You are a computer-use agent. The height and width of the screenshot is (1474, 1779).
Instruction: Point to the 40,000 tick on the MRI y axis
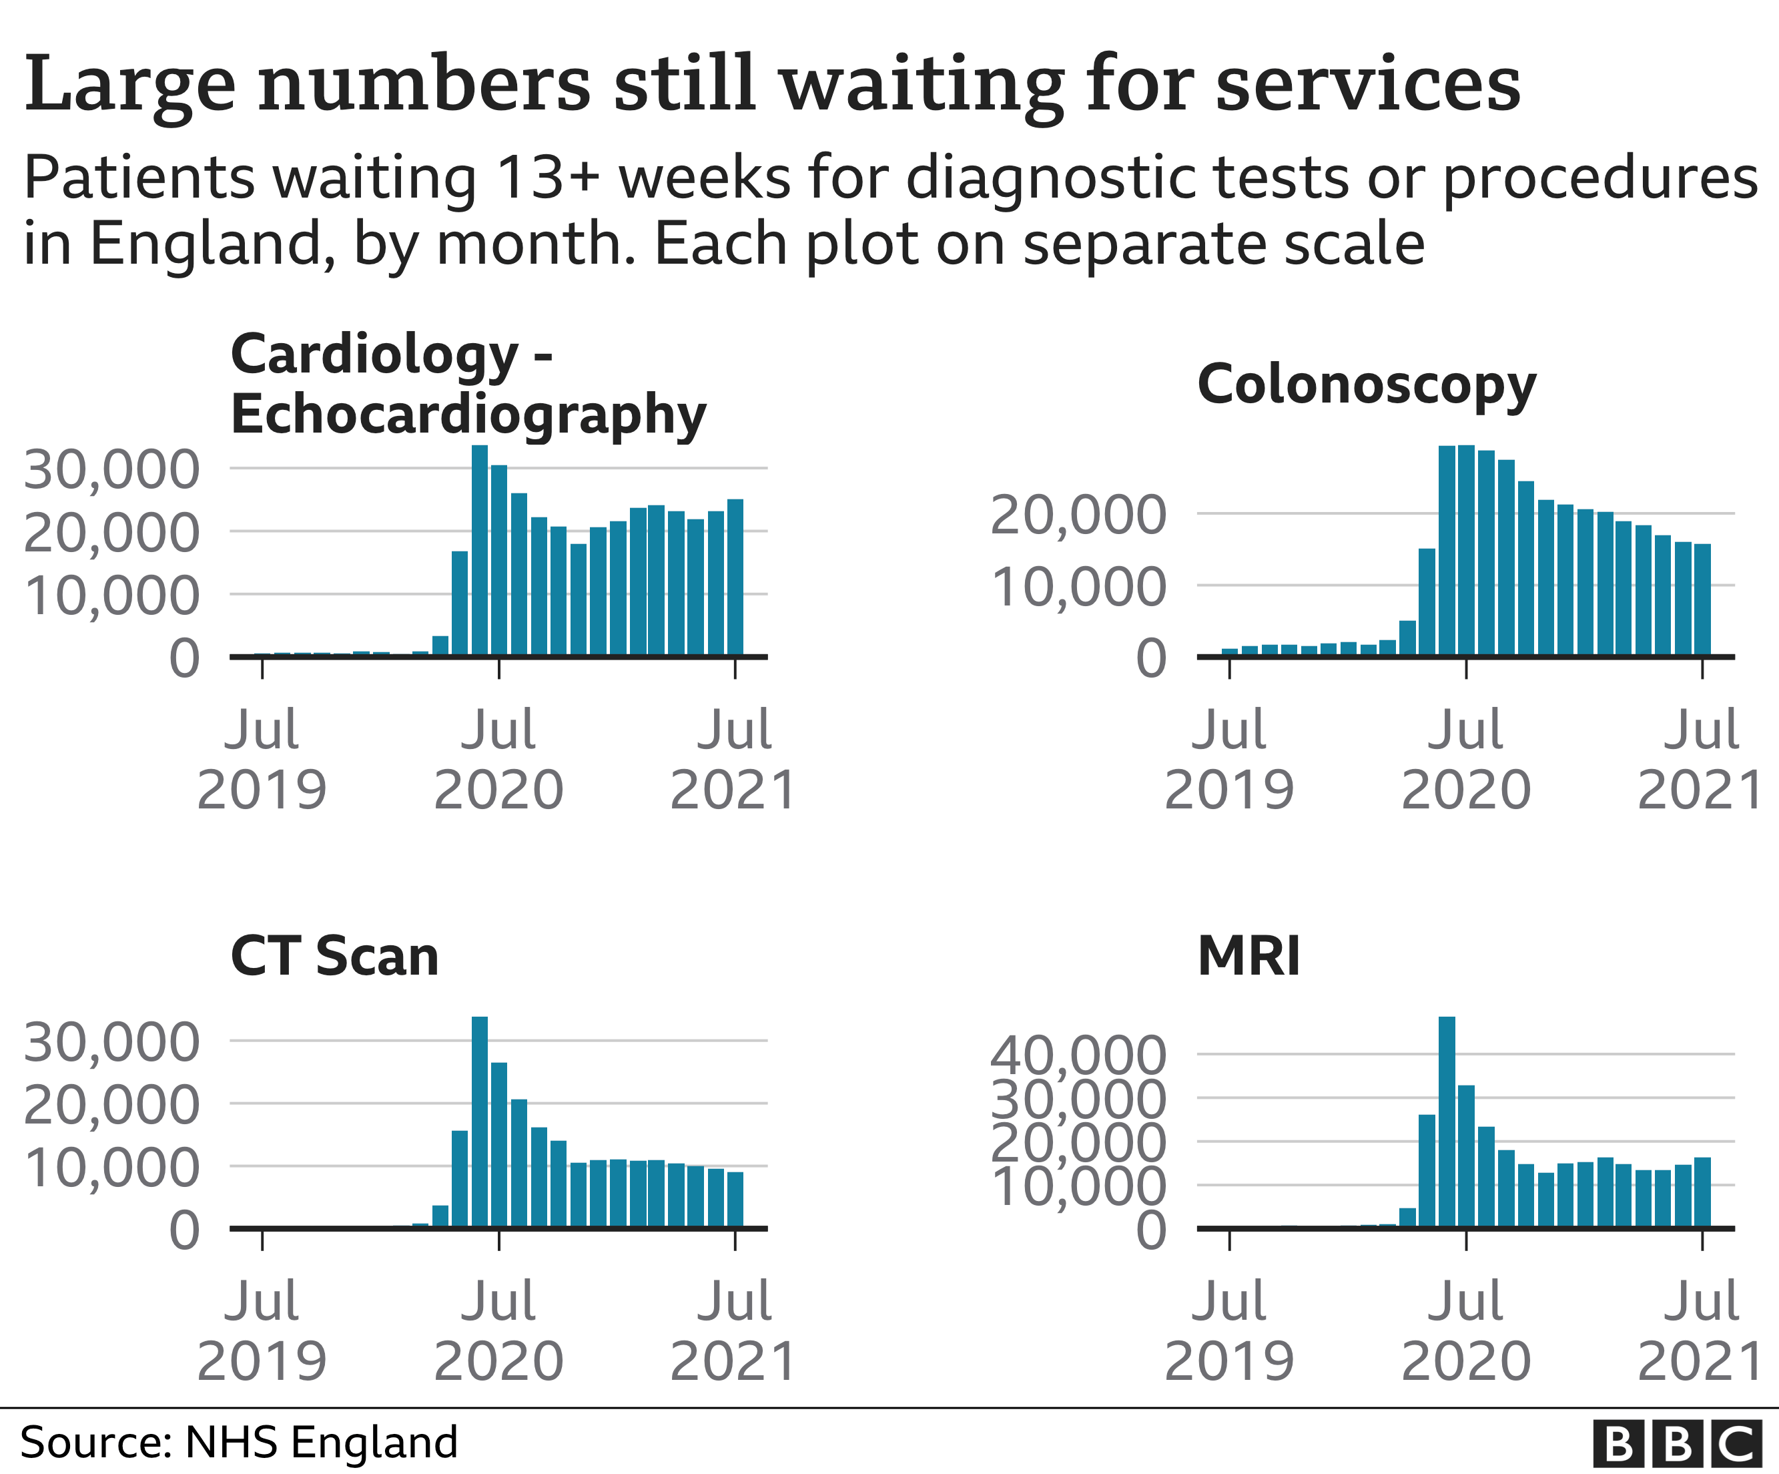pyautogui.click(x=1078, y=1055)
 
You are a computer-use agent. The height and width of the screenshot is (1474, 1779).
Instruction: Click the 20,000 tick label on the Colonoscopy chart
pyautogui.click(x=1078, y=515)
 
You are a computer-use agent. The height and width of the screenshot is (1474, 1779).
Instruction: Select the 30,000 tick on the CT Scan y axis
pyautogui.click(x=111, y=1041)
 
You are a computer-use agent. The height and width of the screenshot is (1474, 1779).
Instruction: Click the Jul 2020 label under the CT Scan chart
pyautogui.click(x=498, y=1330)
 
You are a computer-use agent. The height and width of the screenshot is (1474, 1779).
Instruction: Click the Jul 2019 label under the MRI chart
pyautogui.click(x=1229, y=1330)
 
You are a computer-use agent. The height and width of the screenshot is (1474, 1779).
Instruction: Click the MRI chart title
pyautogui.click(x=1249, y=956)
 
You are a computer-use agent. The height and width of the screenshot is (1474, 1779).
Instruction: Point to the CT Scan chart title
pyautogui.click(x=334, y=956)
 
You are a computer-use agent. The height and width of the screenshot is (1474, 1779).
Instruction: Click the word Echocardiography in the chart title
pyautogui.click(x=468, y=415)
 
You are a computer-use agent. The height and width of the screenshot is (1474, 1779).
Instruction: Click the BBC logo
pyautogui.click(x=1675, y=1443)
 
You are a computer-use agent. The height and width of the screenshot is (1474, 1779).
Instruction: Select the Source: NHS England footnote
pyautogui.click(x=238, y=1442)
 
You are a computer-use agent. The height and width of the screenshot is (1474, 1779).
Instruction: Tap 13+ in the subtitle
pyautogui.click(x=547, y=178)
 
